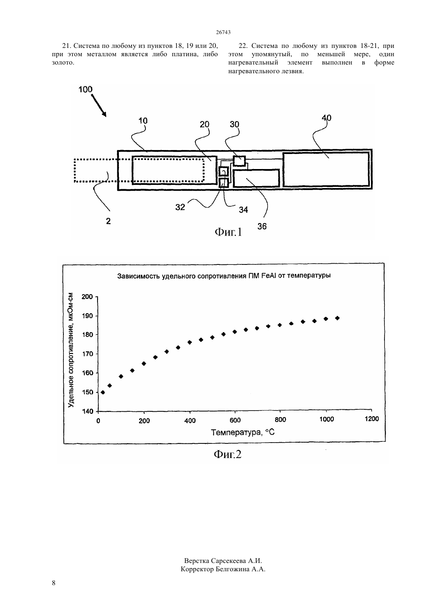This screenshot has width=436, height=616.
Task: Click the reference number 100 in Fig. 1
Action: (x=85, y=89)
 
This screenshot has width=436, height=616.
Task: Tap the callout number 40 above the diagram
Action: (x=327, y=118)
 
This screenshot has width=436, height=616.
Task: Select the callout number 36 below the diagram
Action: (x=262, y=226)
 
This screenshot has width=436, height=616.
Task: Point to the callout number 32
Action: (x=180, y=207)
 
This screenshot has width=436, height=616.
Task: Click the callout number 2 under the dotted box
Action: (x=108, y=221)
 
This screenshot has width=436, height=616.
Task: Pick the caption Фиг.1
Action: (x=228, y=232)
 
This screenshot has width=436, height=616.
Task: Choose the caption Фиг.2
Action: (x=228, y=454)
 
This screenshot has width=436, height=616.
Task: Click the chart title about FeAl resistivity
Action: (x=224, y=276)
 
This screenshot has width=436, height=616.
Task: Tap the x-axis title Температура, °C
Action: (x=243, y=432)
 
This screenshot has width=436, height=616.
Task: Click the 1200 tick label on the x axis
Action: (x=372, y=419)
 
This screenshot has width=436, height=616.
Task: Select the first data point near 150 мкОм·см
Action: (x=103, y=392)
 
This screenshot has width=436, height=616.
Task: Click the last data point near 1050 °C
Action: (x=337, y=318)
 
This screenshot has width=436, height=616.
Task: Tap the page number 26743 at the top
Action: (x=223, y=32)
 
